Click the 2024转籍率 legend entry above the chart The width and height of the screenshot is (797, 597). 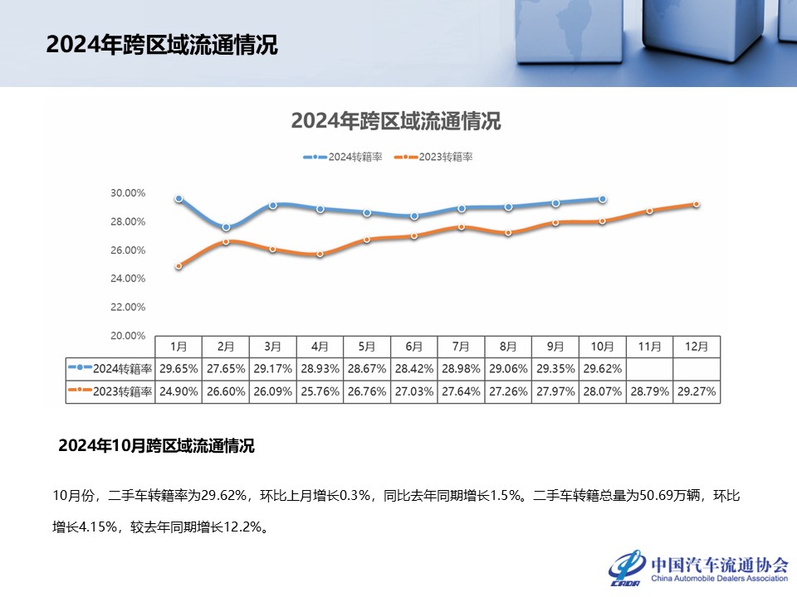pyautogui.click(x=343, y=157)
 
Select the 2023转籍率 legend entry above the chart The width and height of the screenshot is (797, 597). pyautogui.click(x=433, y=157)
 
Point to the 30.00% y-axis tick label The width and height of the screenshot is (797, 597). pyautogui.click(x=128, y=193)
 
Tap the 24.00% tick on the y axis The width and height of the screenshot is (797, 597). pyautogui.click(x=128, y=279)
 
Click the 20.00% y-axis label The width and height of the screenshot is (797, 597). pyautogui.click(x=128, y=336)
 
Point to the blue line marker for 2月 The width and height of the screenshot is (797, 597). pyautogui.click(x=227, y=227)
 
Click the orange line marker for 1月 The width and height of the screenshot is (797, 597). pyautogui.click(x=178, y=266)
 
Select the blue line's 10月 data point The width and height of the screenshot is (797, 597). pyautogui.click(x=603, y=199)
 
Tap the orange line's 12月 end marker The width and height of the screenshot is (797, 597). pyautogui.click(x=697, y=204)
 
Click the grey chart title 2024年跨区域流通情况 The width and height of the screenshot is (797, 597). pyautogui.click(x=396, y=121)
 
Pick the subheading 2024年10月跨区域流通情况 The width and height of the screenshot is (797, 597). pyautogui.click(x=156, y=446)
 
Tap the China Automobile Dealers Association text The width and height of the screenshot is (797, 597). pyautogui.click(x=719, y=577)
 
